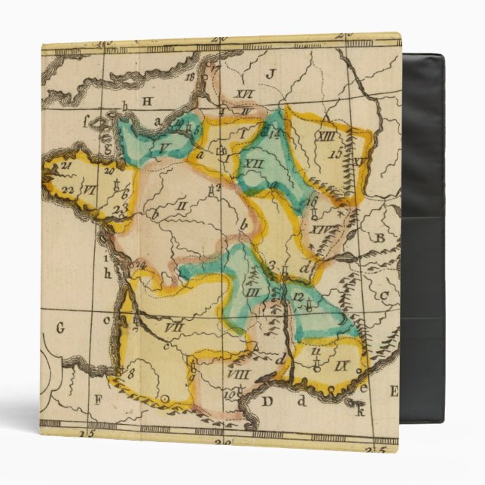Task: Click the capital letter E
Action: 392,390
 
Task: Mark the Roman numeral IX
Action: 343,368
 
